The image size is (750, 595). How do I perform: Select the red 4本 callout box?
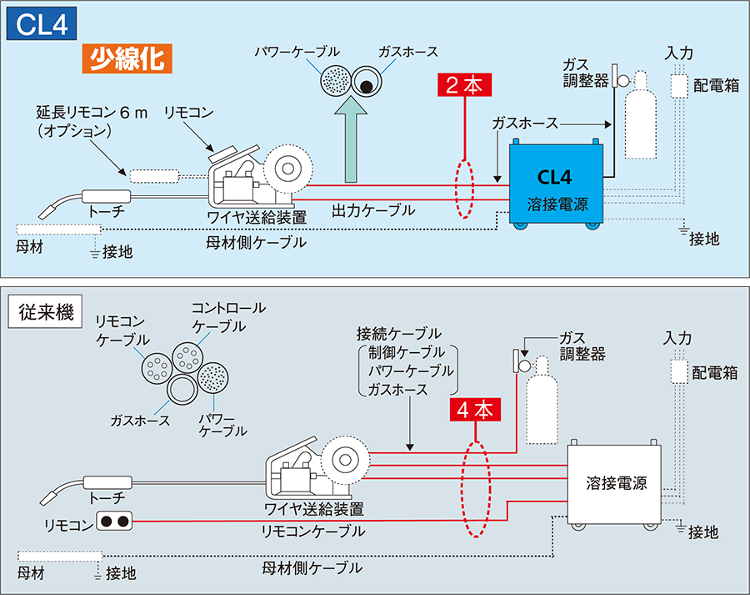(x=475, y=409)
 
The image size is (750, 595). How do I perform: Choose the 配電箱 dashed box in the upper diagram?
(x=680, y=86)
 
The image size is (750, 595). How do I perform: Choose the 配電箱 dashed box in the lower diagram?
(x=677, y=372)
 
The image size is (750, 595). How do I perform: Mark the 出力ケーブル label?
(x=372, y=210)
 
